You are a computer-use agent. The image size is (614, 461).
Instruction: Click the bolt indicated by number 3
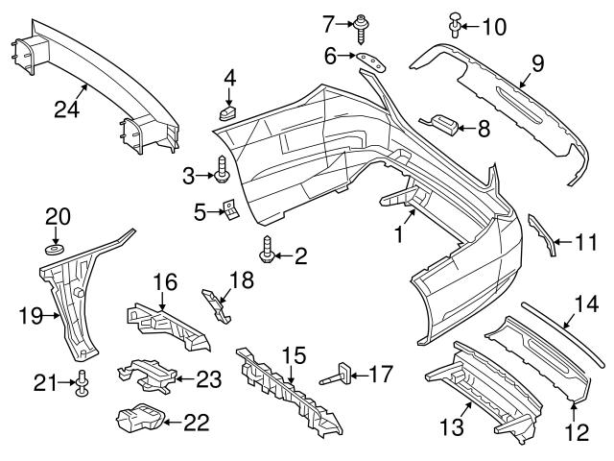tap(223, 172)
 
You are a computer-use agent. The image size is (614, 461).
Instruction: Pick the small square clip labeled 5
tap(231, 208)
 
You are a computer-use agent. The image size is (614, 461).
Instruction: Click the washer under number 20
tap(55, 251)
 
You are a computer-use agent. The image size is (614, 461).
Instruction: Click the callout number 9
tap(538, 65)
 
